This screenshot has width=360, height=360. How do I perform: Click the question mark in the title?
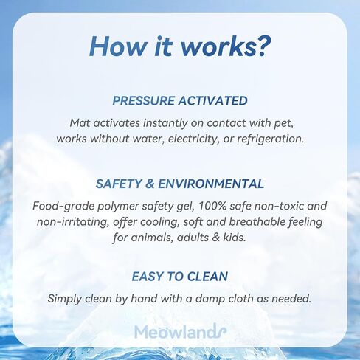click(263, 46)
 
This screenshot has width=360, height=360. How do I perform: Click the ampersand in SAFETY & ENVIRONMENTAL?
click(150, 184)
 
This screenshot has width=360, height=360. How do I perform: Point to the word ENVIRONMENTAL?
click(211, 184)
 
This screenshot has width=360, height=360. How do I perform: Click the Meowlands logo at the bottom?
click(180, 331)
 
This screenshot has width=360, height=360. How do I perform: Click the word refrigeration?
click(271, 139)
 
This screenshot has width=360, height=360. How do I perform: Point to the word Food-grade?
click(63, 207)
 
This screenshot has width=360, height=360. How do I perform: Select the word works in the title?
click(218, 46)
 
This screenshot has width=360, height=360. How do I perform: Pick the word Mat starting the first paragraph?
click(79, 123)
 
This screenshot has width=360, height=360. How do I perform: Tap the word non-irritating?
click(73, 222)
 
